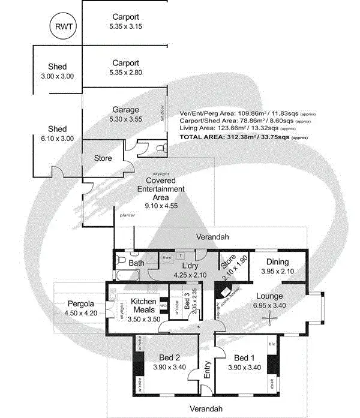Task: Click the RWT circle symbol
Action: pyautogui.click(x=62, y=26)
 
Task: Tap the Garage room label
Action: pyautogui.click(x=126, y=110)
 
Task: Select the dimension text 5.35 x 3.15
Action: pyautogui.click(x=126, y=26)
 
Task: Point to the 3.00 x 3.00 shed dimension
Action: pyautogui.click(x=58, y=76)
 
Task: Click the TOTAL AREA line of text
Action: pyautogui.click(x=244, y=137)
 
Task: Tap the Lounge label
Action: pyautogui.click(x=269, y=296)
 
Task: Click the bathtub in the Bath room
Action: pyautogui.click(x=127, y=276)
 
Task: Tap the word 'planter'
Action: pyautogui.click(x=127, y=214)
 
